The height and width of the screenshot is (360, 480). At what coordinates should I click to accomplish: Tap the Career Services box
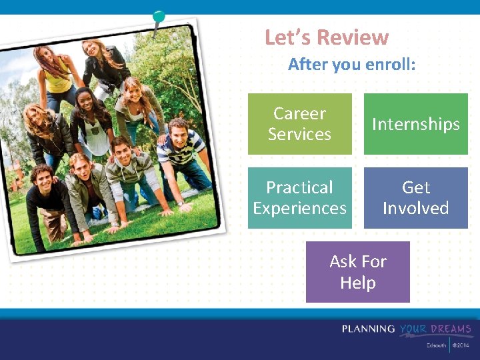[x=299, y=124]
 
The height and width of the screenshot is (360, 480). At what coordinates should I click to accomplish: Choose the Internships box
[x=415, y=124]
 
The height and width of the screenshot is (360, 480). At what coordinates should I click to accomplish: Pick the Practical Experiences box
[x=299, y=198]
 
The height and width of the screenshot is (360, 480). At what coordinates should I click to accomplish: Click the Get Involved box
[x=415, y=198]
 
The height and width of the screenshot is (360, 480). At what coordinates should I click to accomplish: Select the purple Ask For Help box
[x=357, y=272]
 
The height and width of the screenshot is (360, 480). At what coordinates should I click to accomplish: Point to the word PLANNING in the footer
[x=369, y=329]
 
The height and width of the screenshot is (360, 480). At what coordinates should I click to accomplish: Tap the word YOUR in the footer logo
[x=413, y=329]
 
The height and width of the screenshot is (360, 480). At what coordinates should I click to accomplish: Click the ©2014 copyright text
[x=461, y=345]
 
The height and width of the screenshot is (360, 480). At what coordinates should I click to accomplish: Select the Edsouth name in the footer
[x=437, y=345]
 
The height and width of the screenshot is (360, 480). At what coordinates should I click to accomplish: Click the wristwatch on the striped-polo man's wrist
[x=180, y=202]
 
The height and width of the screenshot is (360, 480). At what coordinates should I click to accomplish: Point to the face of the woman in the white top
[x=85, y=101]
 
